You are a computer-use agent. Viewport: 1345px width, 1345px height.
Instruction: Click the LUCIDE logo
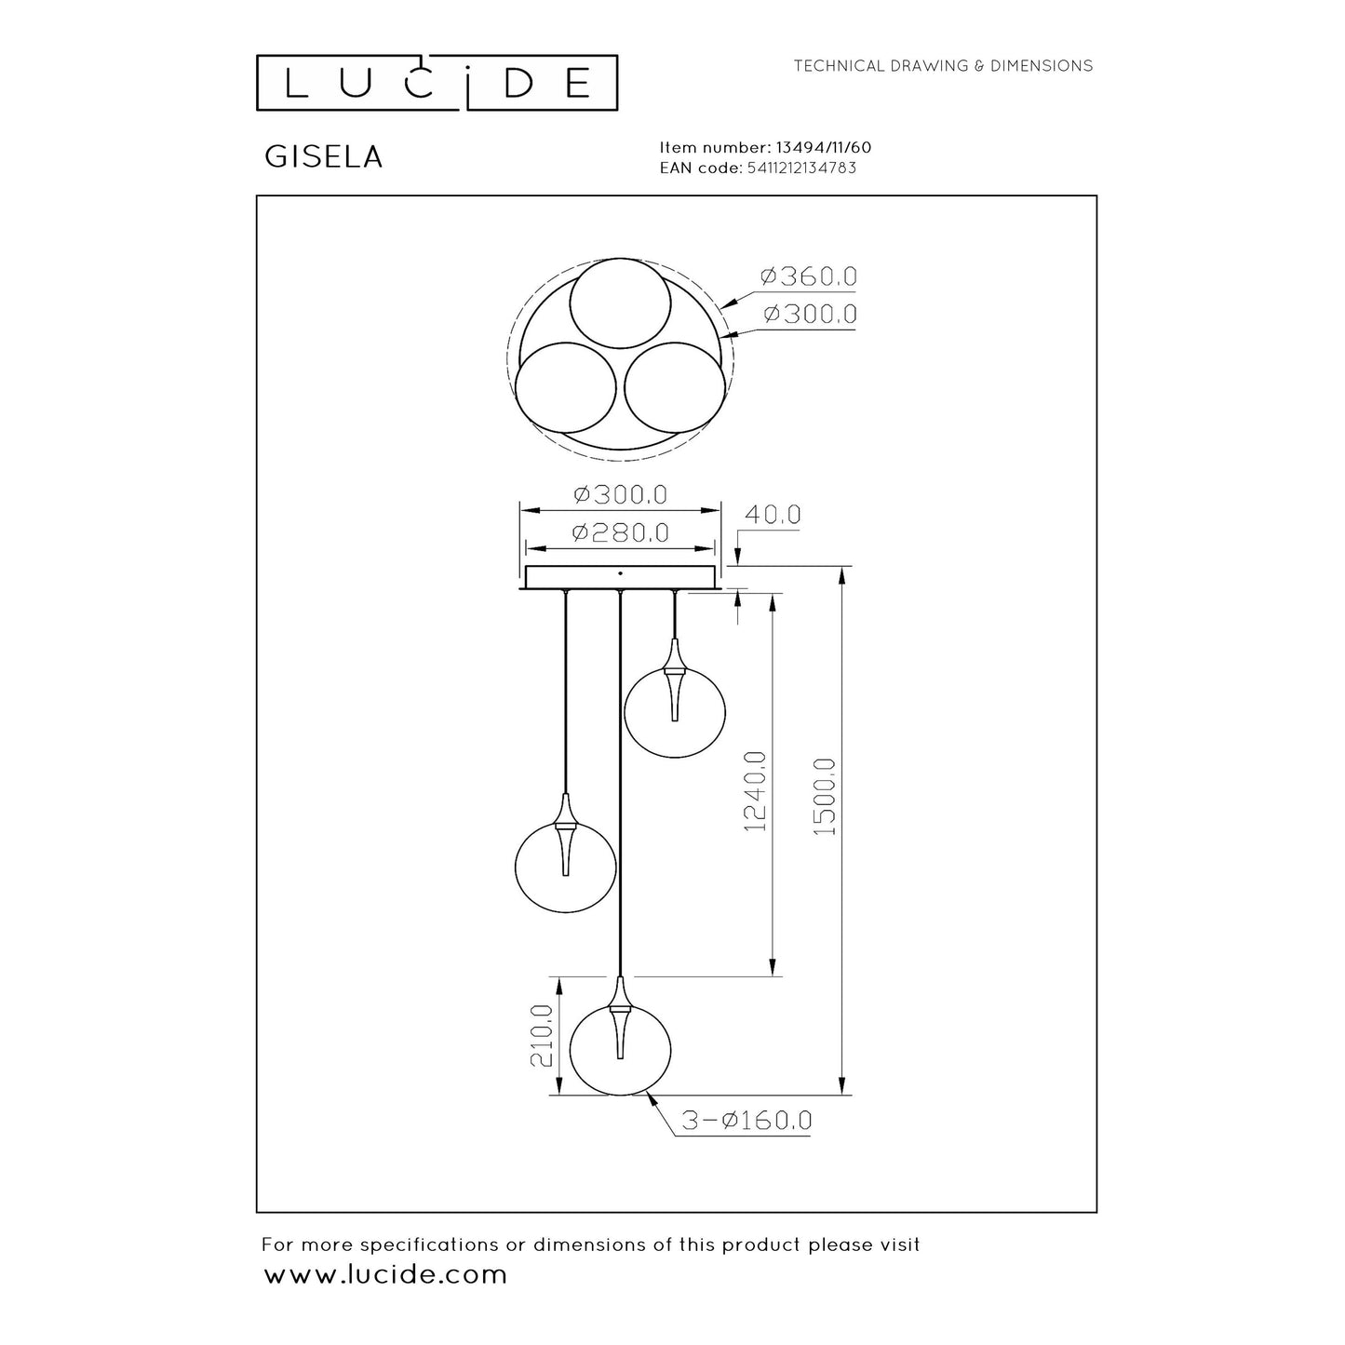pyautogui.click(x=437, y=82)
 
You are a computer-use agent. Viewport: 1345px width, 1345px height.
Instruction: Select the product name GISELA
pyautogui.click(x=324, y=157)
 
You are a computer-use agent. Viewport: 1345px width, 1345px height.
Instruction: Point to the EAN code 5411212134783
pyautogui.click(x=801, y=168)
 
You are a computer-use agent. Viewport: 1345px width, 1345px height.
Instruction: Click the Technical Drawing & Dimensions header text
pyautogui.click(x=943, y=66)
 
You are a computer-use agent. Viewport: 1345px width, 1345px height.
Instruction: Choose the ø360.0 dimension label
pyautogui.click(x=808, y=276)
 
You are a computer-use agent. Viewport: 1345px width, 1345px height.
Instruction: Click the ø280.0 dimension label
pyautogui.click(x=621, y=532)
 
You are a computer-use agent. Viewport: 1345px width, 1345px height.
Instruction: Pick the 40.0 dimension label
pyautogui.click(x=772, y=515)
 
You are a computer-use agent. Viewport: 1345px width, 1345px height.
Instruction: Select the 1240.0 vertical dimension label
pyautogui.click(x=755, y=790)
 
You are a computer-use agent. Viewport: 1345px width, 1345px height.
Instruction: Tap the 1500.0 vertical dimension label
pyautogui.click(x=825, y=795)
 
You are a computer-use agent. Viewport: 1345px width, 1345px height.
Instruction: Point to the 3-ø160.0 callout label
pyautogui.click(x=746, y=1121)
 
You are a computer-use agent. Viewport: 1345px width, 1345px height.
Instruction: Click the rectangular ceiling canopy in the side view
pyautogui.click(x=621, y=577)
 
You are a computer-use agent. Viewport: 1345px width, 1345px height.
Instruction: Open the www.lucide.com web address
pyautogui.click(x=386, y=1274)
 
